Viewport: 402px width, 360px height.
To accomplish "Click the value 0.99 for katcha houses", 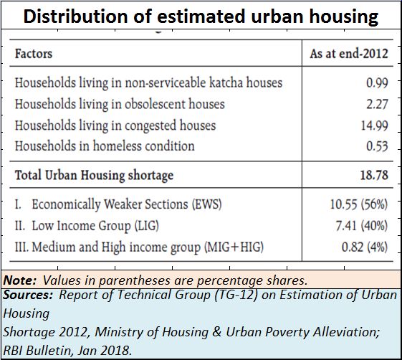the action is (377, 82).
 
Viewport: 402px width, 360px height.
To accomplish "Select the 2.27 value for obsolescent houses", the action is (377, 104).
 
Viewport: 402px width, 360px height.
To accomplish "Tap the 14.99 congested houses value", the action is (374, 125).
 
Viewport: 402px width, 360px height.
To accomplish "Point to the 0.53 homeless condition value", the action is (377, 146).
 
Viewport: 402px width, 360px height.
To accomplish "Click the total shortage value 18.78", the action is (374, 175).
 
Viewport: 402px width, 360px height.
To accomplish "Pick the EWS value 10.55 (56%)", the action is (359, 204).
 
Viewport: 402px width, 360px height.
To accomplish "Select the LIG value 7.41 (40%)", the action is (361, 226).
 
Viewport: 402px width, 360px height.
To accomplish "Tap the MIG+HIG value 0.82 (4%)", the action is (364, 247).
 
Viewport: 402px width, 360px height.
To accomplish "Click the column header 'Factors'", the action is (34, 54).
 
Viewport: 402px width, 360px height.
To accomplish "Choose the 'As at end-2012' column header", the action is (349, 54).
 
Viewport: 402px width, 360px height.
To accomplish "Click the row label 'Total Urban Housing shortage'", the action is (94, 175).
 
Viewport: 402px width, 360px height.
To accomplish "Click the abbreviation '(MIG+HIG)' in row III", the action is (234, 247).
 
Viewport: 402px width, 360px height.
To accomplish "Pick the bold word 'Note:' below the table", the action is (20, 280).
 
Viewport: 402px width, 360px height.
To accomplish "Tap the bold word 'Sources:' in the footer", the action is (28, 295).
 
